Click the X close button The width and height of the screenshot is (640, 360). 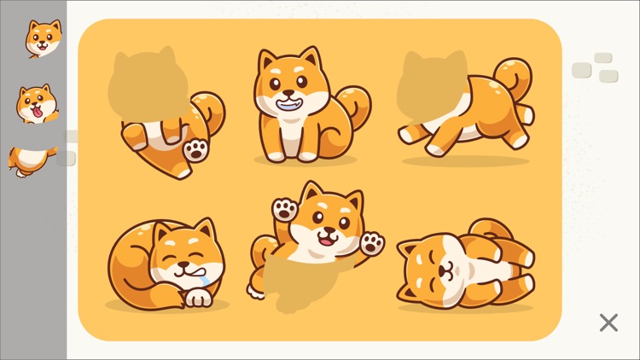608,322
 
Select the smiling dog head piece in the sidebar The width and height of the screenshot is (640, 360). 42,37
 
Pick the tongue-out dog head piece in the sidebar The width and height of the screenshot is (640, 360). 37,103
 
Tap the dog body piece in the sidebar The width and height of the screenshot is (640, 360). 31,159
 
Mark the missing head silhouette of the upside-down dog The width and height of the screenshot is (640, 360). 147,84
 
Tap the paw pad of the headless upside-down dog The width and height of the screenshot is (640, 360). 195,150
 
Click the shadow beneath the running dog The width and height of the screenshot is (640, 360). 465,160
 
